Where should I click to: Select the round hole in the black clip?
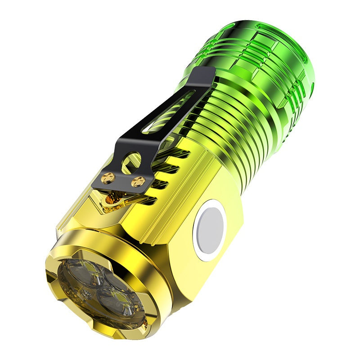pos(132,162)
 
